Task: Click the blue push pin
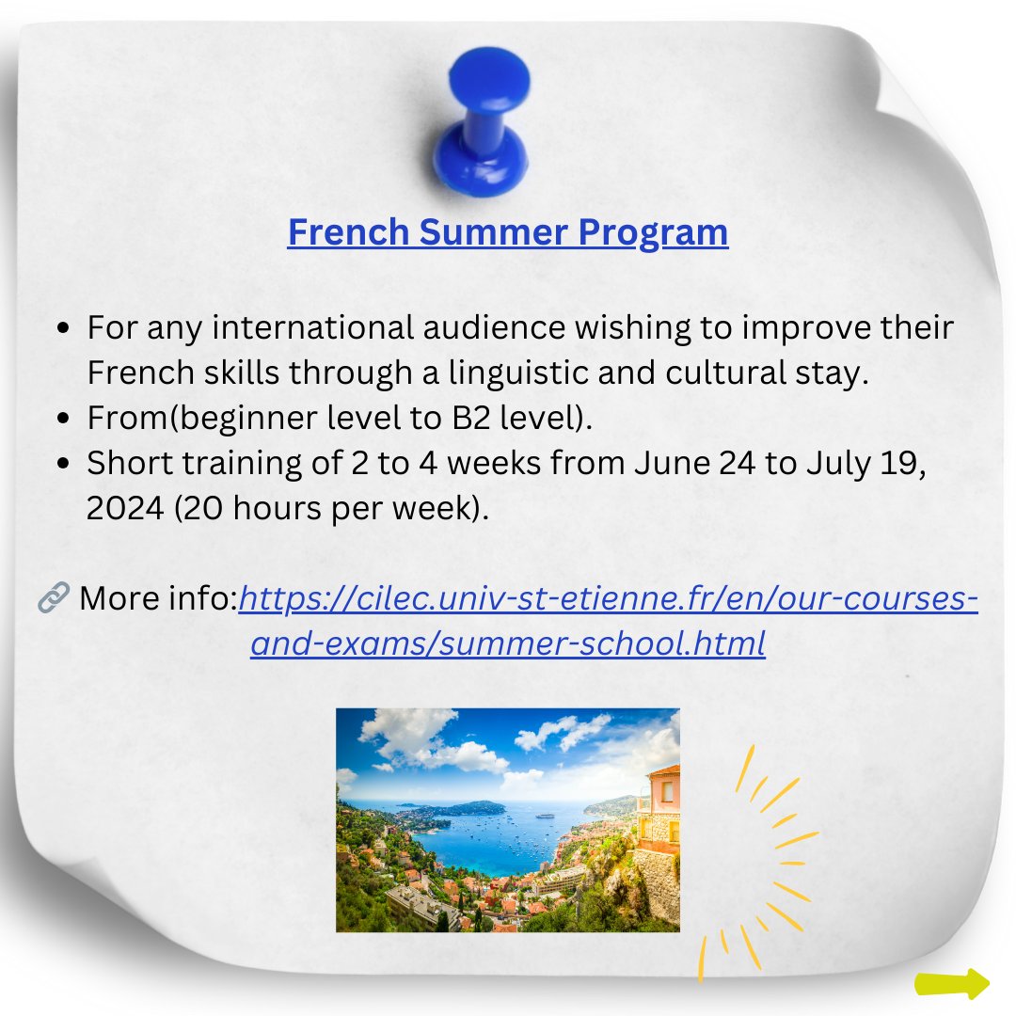coord(481,122)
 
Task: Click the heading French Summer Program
coord(508,232)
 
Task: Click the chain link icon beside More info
coord(54,597)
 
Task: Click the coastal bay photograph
coord(507,819)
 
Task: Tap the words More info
coord(157,597)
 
